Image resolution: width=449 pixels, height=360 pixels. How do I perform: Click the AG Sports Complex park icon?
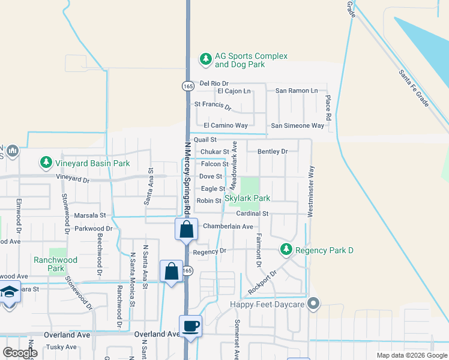pos(206,59)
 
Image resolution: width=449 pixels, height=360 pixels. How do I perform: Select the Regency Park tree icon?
pos(287,249)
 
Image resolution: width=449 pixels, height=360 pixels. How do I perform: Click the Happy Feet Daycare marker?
pos(312,304)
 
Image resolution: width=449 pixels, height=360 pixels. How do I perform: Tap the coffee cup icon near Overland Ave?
pos(190,326)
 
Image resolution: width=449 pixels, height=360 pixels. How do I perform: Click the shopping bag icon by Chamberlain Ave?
pos(186,229)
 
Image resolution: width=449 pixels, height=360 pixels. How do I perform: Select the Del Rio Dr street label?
pos(214,83)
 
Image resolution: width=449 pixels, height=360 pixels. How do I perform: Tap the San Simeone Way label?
pos(298,125)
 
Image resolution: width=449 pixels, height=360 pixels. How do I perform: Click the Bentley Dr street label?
pos(273,152)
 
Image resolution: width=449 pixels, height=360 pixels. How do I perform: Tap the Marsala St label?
pos(89,215)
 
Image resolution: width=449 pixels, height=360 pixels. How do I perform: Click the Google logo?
pos(20,353)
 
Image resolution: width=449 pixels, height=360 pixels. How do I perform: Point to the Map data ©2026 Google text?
pos(411,355)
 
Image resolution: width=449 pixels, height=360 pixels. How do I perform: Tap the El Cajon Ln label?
pos(234,91)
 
